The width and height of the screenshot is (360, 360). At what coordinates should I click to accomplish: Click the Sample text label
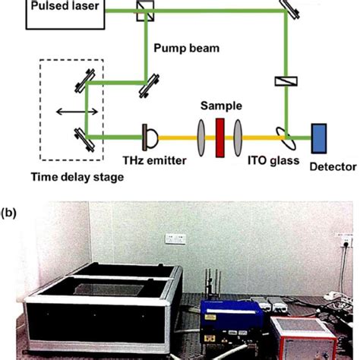tap(218, 105)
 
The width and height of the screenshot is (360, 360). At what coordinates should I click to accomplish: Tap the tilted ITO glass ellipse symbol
tap(289, 138)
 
